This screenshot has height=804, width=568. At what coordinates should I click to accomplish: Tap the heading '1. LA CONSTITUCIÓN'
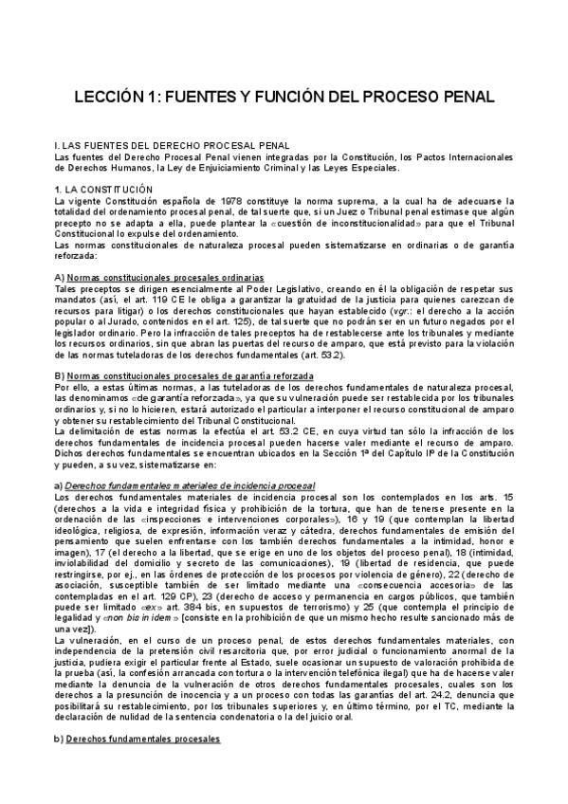pos(104,190)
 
